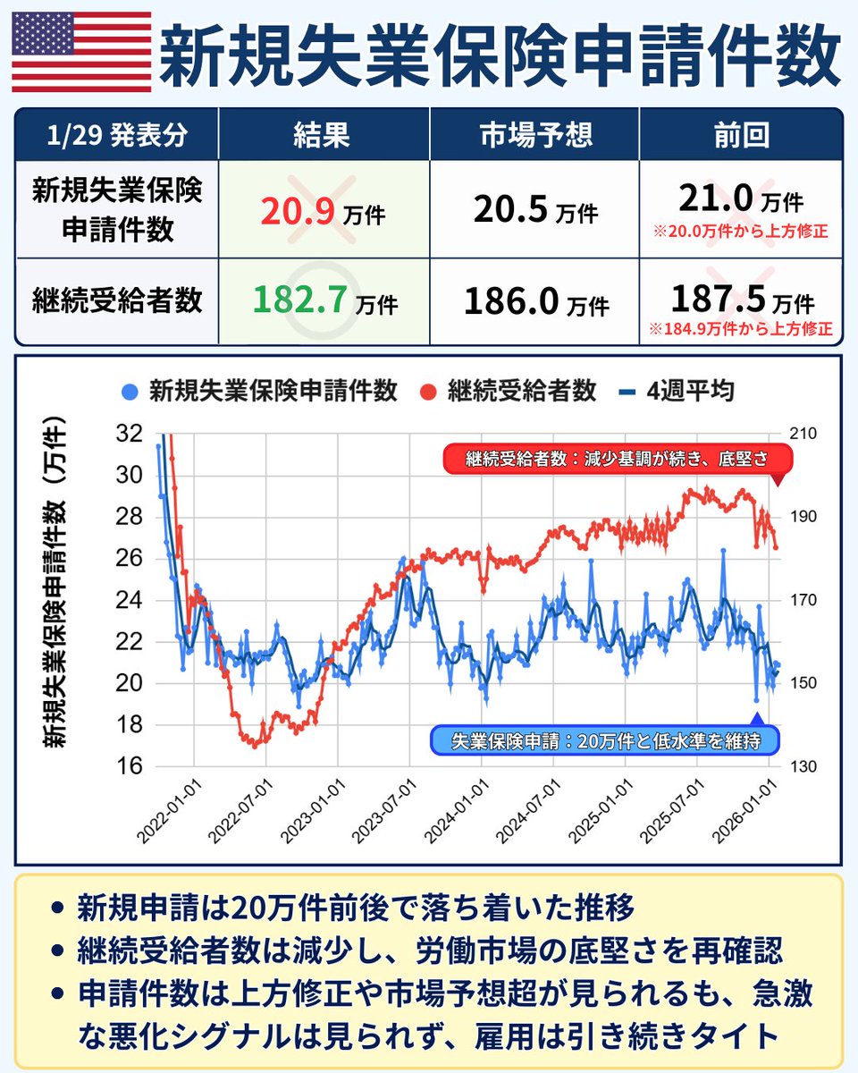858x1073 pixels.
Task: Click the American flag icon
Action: pyautogui.click(x=82, y=53)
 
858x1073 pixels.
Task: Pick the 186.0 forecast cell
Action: pyautogui.click(x=510, y=300)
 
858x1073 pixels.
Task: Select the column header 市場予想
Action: pyautogui.click(x=534, y=136)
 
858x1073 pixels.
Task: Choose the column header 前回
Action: pyautogui.click(x=742, y=136)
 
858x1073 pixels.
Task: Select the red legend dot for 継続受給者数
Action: pyautogui.click(x=431, y=391)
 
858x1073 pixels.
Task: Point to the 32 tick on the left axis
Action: pyautogui.click(x=130, y=434)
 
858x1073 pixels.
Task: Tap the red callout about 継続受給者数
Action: pyautogui.click(x=617, y=460)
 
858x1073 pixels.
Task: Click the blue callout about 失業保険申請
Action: pyautogui.click(x=605, y=739)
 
